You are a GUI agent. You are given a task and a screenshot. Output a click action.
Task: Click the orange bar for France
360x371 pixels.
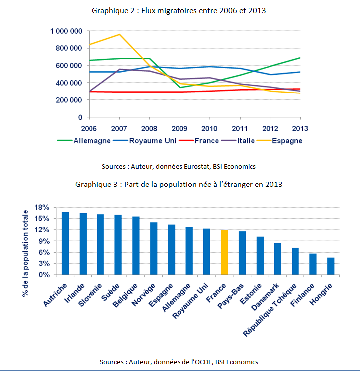pos(224,252)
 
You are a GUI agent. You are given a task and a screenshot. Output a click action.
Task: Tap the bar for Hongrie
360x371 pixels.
pos(331,266)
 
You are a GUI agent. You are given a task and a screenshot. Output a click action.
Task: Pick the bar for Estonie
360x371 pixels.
pos(260,255)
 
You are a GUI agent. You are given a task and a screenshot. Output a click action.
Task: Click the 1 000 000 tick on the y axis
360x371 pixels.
pos(66,31)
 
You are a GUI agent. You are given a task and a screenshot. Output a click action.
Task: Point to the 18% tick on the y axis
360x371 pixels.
pos(43,207)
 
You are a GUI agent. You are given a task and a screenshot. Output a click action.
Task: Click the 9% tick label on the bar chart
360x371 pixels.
pos(45,241)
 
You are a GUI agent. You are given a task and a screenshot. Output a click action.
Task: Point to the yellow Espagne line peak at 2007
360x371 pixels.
pos(120,34)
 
